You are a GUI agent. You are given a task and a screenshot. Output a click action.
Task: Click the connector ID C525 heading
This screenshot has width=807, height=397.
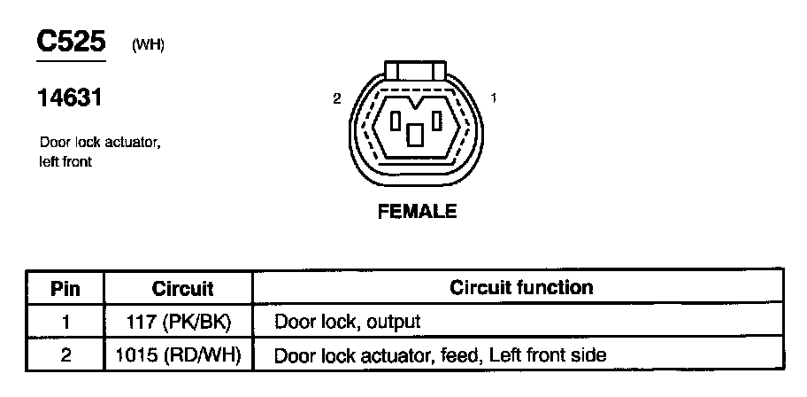point(70,42)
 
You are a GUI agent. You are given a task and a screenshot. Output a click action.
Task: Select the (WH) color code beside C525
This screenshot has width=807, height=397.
point(147,46)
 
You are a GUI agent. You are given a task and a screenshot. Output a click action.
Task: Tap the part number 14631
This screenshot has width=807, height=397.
point(69,98)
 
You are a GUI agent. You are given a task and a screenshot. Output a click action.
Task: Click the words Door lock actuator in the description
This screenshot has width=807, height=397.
point(100,144)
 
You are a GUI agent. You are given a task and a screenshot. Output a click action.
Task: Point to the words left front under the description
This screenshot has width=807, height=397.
point(65,162)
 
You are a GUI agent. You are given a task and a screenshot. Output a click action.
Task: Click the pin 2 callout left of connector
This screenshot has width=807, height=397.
point(337,98)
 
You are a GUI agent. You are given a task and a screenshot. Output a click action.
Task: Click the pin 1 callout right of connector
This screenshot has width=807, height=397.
point(493,98)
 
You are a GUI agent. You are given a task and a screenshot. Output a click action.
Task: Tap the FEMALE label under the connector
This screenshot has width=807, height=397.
point(417,212)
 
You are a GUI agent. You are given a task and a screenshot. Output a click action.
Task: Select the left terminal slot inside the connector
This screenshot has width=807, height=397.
point(397,121)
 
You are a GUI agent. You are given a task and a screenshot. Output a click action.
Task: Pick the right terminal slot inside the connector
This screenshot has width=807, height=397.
point(436,121)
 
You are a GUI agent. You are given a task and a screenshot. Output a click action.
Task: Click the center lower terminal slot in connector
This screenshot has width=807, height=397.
point(415,135)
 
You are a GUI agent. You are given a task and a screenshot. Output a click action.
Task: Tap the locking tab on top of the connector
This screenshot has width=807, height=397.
point(415,71)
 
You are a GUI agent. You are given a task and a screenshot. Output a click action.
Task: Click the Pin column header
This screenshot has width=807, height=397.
point(65,288)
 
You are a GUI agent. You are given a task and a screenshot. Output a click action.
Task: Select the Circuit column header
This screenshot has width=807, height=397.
point(183,288)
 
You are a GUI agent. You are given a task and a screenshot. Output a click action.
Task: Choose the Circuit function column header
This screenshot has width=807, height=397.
point(521,288)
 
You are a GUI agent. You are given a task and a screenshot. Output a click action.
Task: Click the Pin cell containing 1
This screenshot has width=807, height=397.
point(65,321)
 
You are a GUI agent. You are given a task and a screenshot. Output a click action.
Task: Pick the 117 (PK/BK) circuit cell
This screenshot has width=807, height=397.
point(183,321)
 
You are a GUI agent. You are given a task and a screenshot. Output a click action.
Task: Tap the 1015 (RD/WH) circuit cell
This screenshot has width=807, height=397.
point(183,355)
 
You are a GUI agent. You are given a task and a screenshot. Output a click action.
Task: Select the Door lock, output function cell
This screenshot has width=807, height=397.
point(347,322)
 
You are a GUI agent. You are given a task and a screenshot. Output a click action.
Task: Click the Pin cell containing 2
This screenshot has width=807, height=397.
point(65,355)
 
